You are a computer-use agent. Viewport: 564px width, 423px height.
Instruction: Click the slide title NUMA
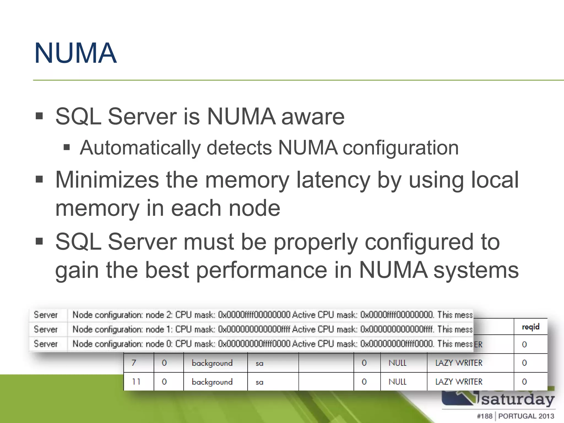coord(75,53)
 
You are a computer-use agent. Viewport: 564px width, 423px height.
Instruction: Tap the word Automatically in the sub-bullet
coord(140,148)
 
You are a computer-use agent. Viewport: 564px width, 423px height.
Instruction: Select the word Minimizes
coord(107,180)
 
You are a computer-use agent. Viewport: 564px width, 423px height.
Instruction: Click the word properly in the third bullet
coord(316,242)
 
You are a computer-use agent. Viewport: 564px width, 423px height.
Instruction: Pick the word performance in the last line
coord(262,270)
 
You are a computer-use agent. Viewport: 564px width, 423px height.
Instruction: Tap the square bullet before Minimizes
coord(39,180)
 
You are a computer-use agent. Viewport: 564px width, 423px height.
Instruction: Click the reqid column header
coord(530,327)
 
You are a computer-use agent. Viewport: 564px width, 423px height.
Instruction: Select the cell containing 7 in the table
coord(134,363)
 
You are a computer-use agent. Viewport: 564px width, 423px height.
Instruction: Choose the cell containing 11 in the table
coord(136,382)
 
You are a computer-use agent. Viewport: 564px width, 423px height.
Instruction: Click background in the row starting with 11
coord(212,382)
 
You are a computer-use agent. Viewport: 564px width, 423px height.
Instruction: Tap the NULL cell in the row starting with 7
coord(397,363)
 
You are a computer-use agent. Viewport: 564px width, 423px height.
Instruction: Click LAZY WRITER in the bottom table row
coord(459,382)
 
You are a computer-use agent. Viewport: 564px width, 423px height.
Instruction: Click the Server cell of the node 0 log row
coord(46,344)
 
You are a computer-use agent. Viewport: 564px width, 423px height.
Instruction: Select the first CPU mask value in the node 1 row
coord(254,329)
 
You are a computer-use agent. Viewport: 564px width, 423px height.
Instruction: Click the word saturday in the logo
coord(518,400)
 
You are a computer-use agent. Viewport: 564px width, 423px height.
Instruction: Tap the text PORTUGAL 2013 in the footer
coord(526,416)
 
